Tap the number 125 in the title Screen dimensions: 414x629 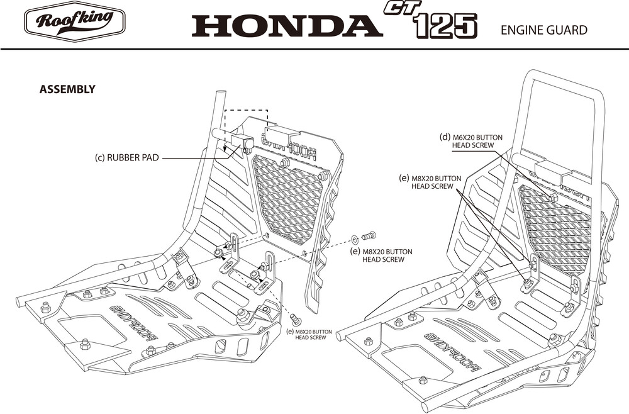click(x=445, y=27)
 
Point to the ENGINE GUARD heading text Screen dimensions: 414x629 click(x=543, y=30)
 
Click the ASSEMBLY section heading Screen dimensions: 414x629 click(x=67, y=89)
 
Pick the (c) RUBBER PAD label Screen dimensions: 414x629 click(x=126, y=158)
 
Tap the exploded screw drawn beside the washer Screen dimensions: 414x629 click(x=369, y=236)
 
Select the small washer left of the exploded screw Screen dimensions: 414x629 click(x=356, y=238)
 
